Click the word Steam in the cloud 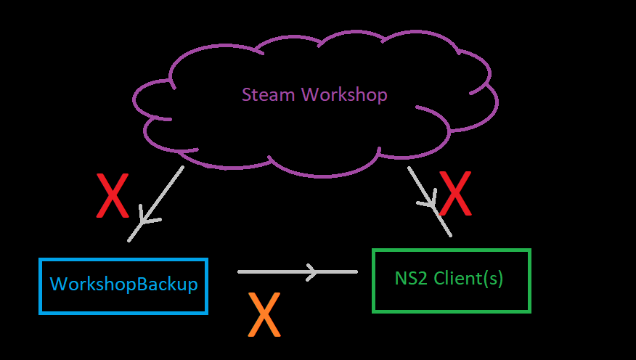coord(269,95)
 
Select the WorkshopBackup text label coord(123,285)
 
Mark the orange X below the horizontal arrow coord(264,314)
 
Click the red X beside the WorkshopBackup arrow coord(113,195)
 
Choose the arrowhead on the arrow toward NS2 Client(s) coord(432,202)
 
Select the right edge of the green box coord(529,281)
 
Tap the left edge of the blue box coord(40,286)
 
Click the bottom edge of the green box coord(452,311)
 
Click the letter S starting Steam coord(247,95)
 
